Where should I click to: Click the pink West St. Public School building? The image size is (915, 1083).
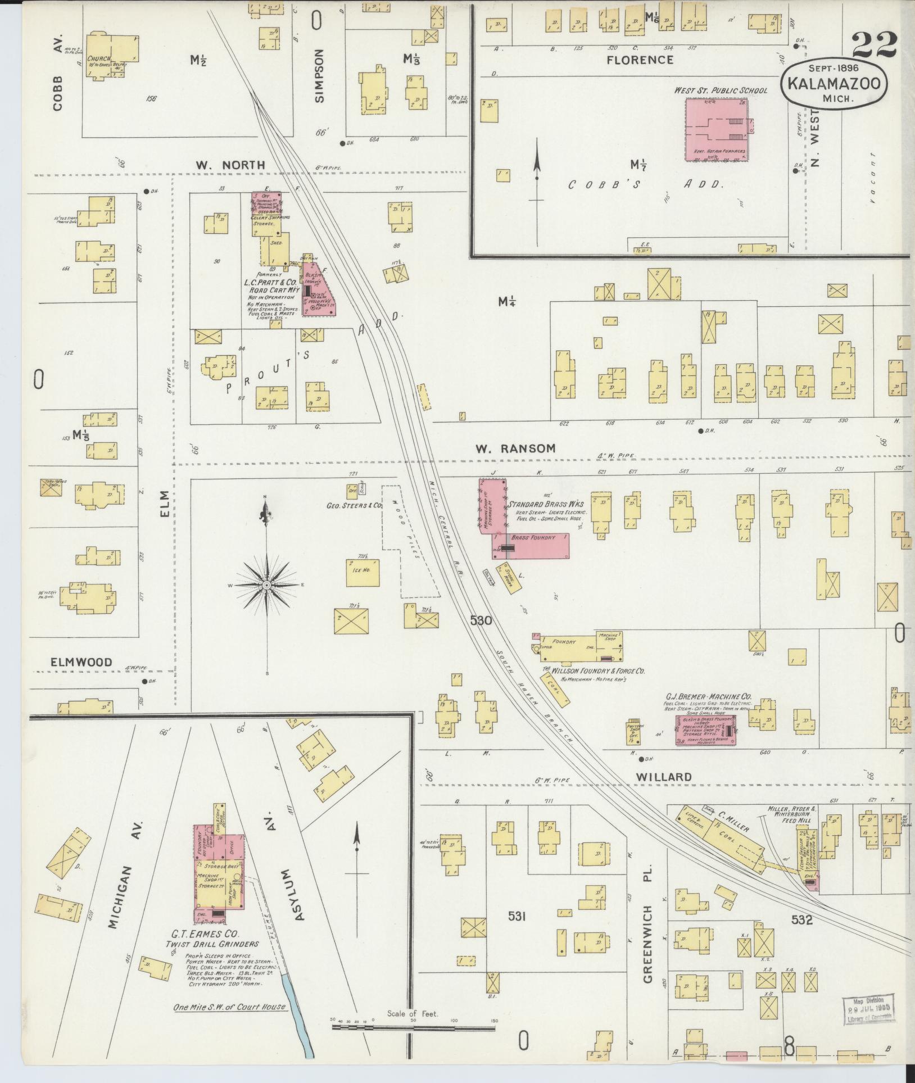pos(717,130)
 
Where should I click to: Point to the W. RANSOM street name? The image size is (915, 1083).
pos(515,448)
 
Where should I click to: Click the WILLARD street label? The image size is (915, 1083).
pos(663,776)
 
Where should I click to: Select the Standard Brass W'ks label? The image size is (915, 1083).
pos(546,504)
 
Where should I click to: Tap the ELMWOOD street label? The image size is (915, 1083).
pos(81,662)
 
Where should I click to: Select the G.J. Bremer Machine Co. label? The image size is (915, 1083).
pos(708,696)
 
